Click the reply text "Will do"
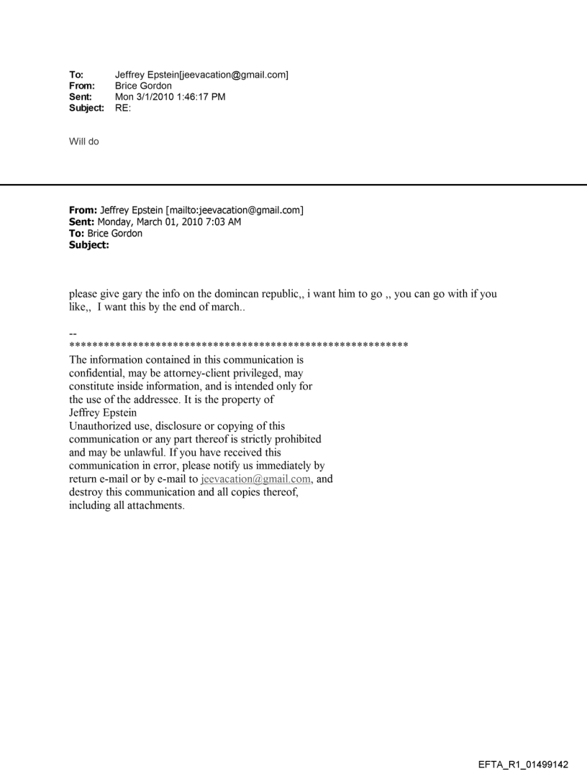click(x=84, y=142)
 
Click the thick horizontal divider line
click(x=293, y=185)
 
